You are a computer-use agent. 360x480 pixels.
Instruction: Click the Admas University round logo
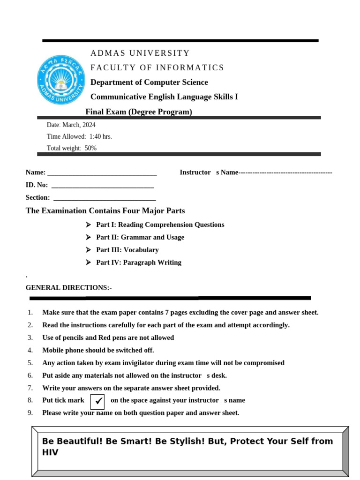click(61, 80)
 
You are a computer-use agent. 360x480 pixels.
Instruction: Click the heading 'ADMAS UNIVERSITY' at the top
click(140, 53)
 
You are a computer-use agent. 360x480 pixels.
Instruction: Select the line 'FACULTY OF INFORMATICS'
click(157, 67)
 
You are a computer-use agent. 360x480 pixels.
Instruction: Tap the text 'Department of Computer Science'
click(149, 82)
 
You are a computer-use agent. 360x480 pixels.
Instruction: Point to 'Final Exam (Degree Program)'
click(139, 112)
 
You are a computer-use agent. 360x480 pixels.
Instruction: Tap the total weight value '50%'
click(90, 148)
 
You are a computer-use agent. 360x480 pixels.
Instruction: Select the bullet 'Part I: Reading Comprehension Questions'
click(160, 225)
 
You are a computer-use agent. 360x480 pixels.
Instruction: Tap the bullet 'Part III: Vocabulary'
click(127, 250)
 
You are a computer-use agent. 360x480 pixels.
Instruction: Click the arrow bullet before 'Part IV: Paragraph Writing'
click(88, 262)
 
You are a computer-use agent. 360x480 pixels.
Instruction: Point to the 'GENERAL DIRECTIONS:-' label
click(68, 287)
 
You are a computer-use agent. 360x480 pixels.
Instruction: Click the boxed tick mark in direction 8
click(97, 401)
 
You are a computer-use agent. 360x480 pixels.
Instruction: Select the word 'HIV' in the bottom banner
click(50, 452)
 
